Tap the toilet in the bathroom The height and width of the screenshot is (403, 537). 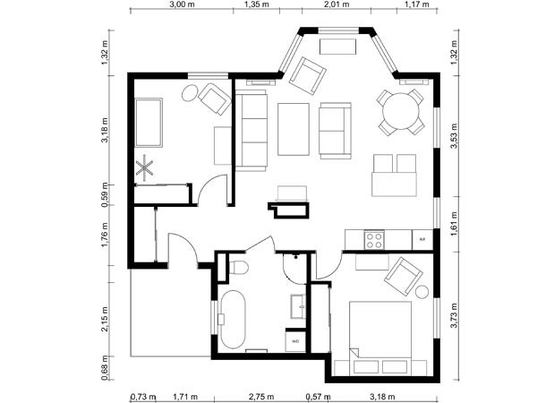[237, 267]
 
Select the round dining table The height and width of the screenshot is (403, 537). [399, 112]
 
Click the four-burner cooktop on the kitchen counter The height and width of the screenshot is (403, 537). [373, 239]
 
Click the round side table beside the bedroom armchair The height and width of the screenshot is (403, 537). [422, 291]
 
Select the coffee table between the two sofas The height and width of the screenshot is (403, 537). [293, 130]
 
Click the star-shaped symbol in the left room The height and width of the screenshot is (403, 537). [146, 166]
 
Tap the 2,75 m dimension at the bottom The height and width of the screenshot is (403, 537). [261, 396]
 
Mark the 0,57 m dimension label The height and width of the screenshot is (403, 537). [315, 396]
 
